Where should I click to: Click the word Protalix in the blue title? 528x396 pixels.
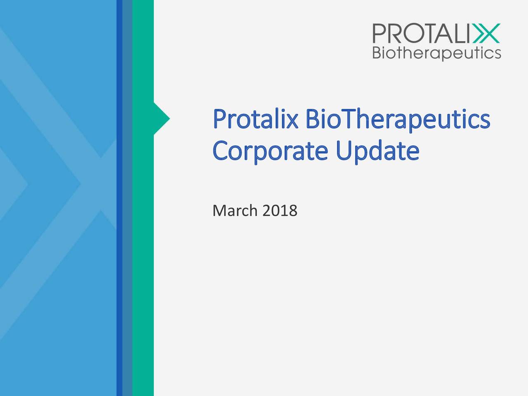point(255,119)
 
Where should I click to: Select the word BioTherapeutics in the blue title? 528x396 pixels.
point(398,120)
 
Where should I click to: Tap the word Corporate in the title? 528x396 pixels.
point(270,152)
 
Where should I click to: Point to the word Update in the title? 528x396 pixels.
point(378,151)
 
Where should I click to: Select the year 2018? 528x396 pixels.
point(280,211)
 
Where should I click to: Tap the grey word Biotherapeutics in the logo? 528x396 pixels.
point(437,53)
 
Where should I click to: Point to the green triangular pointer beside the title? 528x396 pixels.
point(162,118)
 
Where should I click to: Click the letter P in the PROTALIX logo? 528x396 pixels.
point(379,33)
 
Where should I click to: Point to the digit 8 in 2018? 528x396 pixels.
point(293,211)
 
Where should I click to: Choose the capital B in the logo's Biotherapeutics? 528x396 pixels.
point(377,53)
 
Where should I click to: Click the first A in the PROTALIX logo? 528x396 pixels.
point(443,33)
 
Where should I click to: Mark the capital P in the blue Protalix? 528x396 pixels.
point(219,119)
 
